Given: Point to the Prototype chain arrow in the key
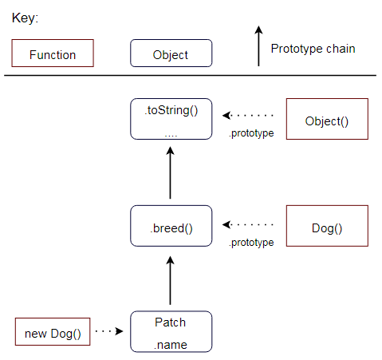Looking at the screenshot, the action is click(258, 45).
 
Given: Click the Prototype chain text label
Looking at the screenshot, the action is click(313, 49).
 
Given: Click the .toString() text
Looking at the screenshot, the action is click(171, 110).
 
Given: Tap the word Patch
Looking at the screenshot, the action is click(170, 322).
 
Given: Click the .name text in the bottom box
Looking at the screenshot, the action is click(171, 345).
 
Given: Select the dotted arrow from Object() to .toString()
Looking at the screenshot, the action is click(248, 116).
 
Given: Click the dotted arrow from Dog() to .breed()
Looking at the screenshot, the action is click(248, 224).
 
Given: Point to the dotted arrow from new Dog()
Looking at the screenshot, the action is click(109, 331).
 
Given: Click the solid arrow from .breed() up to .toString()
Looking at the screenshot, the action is click(170, 172).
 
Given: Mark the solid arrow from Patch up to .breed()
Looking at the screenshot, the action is click(170, 280).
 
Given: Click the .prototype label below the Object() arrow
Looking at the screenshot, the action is click(251, 133).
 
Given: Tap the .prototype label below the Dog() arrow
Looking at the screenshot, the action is click(251, 243).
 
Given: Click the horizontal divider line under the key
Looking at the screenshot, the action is click(190, 76).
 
